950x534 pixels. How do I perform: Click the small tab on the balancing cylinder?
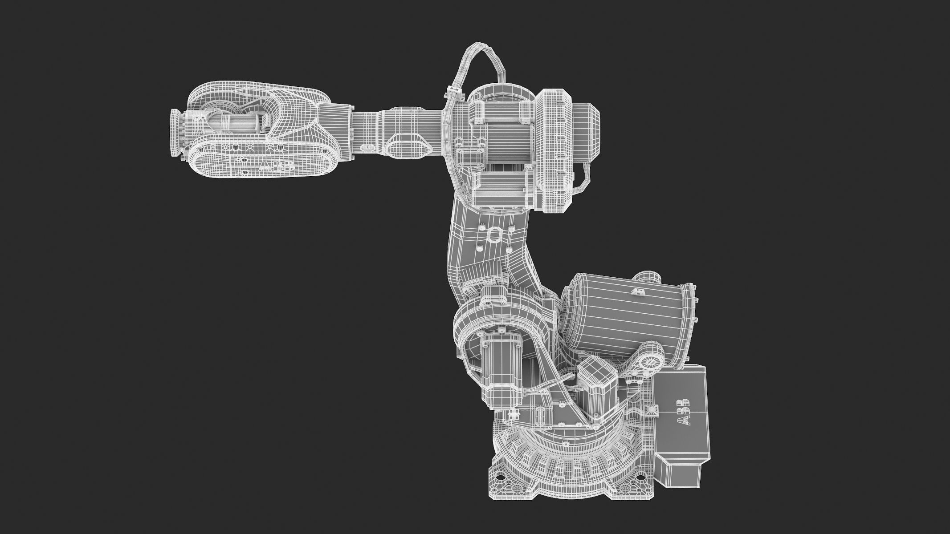pyautogui.click(x=638, y=291)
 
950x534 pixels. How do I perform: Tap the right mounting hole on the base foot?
pyautogui.click(x=642, y=481)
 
